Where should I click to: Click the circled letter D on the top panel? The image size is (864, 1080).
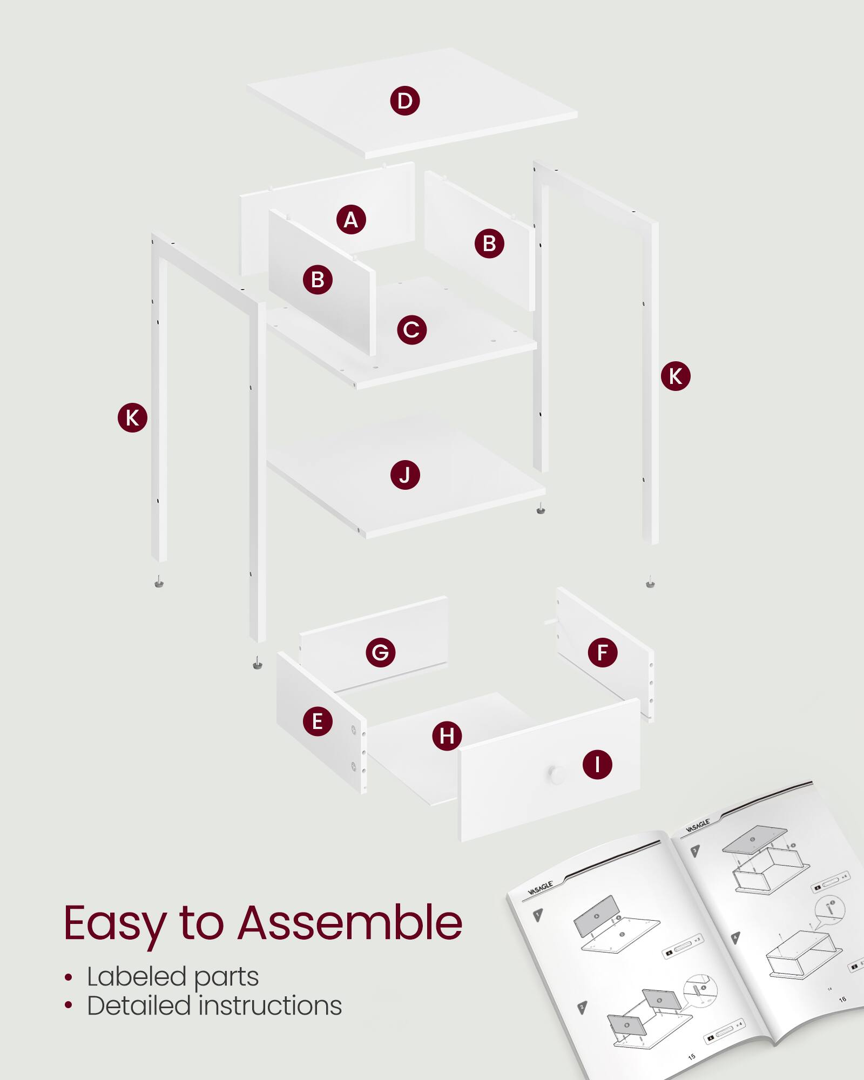(405, 100)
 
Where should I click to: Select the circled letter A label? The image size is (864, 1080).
(351, 219)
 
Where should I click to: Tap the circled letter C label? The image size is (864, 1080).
(411, 329)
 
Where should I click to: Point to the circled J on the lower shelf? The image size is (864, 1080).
(405, 475)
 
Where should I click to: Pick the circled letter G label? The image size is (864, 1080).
(380, 652)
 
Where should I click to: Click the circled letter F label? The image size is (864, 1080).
(603, 652)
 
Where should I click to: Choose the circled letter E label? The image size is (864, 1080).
(318, 721)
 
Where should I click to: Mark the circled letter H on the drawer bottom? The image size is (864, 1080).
(447, 735)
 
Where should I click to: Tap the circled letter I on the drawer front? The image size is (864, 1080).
(597, 765)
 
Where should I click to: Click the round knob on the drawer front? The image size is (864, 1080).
(556, 773)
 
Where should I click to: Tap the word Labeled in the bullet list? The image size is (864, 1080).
(137, 976)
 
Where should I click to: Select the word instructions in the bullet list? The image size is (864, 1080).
(271, 1005)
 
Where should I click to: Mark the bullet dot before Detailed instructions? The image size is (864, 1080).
(68, 1005)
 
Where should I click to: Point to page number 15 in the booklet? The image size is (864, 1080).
(692, 1057)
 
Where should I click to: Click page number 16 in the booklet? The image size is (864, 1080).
(842, 1000)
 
